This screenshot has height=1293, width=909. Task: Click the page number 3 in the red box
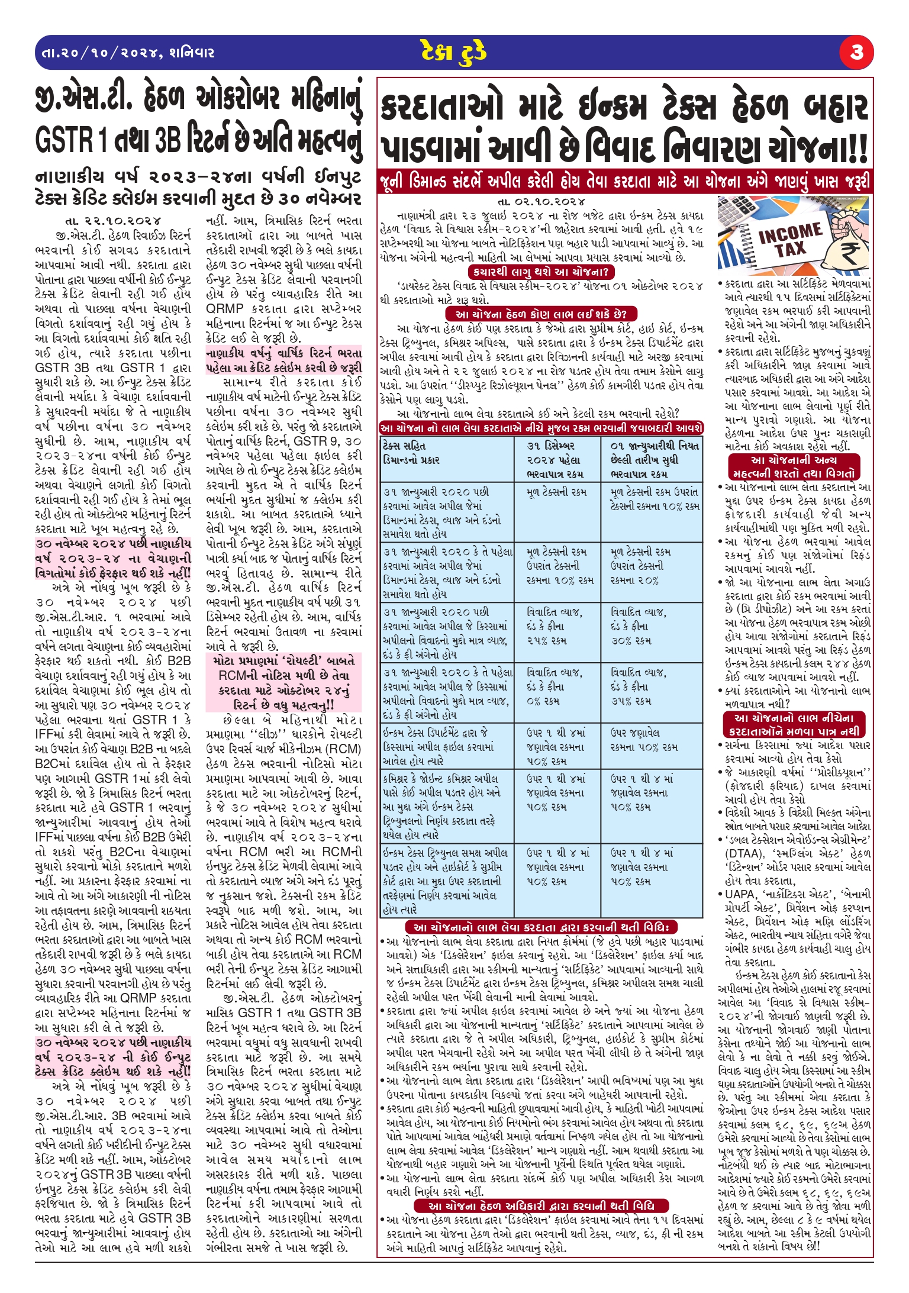(856, 53)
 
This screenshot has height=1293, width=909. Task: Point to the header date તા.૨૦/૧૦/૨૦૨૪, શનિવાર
(128, 53)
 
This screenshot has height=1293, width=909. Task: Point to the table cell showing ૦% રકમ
(543, 701)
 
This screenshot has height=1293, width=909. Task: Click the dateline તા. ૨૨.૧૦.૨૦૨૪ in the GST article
(112, 221)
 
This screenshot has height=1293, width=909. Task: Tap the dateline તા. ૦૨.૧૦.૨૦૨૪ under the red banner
(541, 202)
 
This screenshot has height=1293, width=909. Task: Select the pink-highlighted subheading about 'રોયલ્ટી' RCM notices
(283, 683)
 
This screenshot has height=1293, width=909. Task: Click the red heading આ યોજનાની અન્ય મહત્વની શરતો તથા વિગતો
(794, 467)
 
